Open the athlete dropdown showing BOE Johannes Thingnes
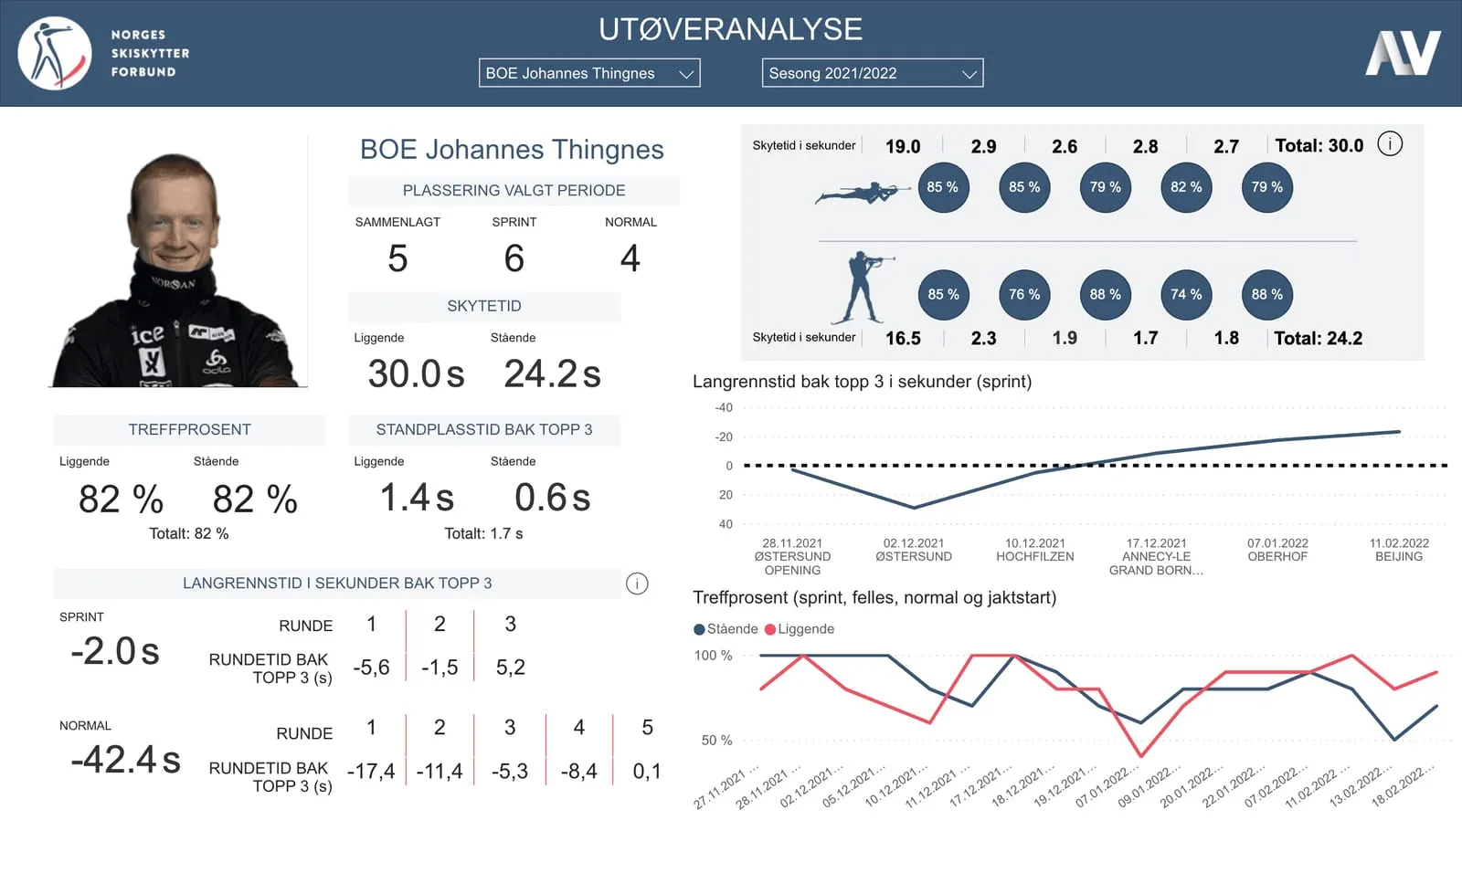point(589,73)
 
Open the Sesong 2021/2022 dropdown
point(873,73)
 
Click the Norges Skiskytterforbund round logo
point(55,54)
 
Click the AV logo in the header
point(1403,53)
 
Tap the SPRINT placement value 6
point(514,258)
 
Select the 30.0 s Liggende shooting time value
point(416,373)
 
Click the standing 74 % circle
point(1186,295)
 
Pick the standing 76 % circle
point(1024,295)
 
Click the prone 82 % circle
point(1186,187)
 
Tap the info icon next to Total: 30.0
point(1390,143)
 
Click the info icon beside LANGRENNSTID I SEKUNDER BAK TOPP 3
point(637,584)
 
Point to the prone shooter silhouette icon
point(863,193)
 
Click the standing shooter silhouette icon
point(862,288)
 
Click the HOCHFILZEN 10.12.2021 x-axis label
point(1034,550)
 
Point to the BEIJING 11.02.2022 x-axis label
point(1399,550)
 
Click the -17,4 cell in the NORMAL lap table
point(371,772)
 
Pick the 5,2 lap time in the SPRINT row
point(511,667)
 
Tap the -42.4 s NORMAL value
point(125,760)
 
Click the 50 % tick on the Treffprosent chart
point(716,741)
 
